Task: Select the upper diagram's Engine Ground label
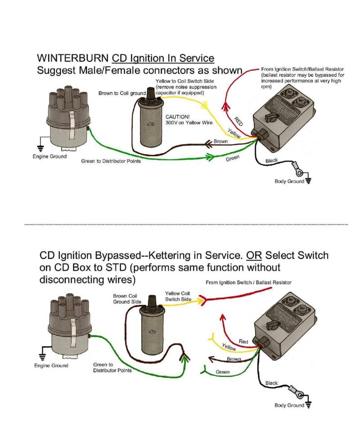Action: [x=49, y=157]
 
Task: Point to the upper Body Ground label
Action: [x=289, y=181]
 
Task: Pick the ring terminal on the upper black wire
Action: [x=298, y=171]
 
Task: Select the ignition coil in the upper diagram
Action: [x=150, y=119]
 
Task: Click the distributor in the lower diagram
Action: [x=68, y=328]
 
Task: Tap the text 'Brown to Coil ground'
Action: [x=122, y=93]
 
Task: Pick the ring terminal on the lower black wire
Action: [x=298, y=393]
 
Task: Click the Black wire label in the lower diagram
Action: [x=271, y=383]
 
